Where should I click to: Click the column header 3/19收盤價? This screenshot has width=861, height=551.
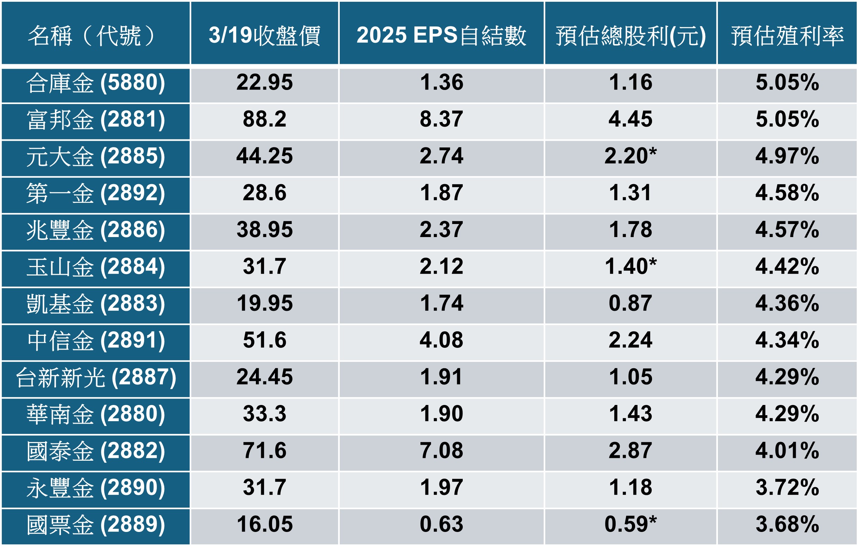point(264,35)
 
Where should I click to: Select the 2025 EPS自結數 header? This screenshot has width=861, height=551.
point(441,35)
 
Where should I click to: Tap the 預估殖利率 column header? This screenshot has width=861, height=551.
point(787,35)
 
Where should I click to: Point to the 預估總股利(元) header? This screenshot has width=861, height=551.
point(631,35)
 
